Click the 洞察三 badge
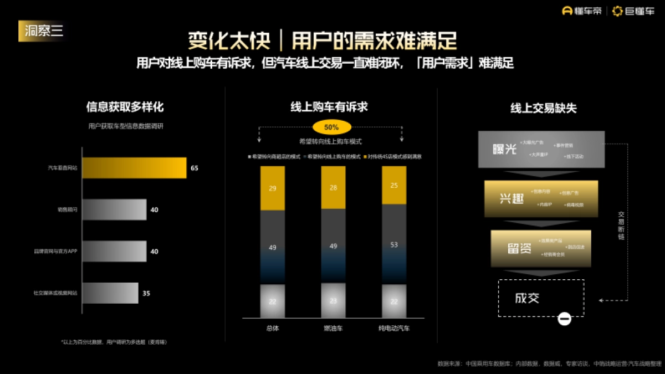(x=44, y=31)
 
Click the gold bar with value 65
(x=134, y=168)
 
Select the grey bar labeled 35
(x=110, y=293)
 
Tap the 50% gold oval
(x=331, y=127)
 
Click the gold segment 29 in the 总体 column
(x=273, y=188)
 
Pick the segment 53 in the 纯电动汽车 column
(x=394, y=244)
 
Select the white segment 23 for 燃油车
(x=333, y=301)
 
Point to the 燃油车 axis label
(x=333, y=329)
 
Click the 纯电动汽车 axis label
(x=394, y=329)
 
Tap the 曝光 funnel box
(x=541, y=150)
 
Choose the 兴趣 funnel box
(x=541, y=198)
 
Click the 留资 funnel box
(x=541, y=248)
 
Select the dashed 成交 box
(x=541, y=298)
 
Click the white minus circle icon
(x=564, y=319)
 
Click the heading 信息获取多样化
(x=125, y=107)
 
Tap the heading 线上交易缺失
(x=543, y=108)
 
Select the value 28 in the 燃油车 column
(x=333, y=188)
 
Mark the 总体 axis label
(x=273, y=329)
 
